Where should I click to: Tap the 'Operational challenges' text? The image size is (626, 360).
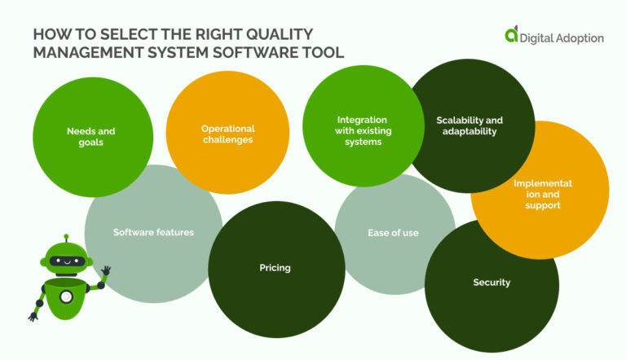(x=228, y=134)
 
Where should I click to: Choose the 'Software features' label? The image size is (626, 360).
(x=153, y=232)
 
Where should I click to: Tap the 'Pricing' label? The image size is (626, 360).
(x=275, y=267)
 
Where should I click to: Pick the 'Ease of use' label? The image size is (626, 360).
(x=393, y=233)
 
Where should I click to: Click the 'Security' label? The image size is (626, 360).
(x=492, y=283)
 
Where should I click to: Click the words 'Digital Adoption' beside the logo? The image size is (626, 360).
(x=562, y=37)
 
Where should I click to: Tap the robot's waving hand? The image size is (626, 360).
(x=105, y=271)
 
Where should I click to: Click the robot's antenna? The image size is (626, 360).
(x=67, y=239)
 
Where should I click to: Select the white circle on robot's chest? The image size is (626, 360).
(x=65, y=296)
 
